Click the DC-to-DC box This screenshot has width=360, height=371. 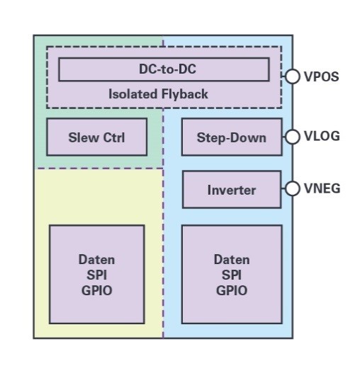click(164, 69)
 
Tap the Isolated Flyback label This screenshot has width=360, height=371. click(158, 94)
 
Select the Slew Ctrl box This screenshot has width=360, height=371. click(97, 137)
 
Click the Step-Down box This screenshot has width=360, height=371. click(232, 137)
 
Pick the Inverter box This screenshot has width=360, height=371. click(232, 190)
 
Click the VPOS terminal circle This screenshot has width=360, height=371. click(292, 76)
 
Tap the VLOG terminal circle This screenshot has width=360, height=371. click(292, 137)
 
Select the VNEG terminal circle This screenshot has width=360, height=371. click(292, 188)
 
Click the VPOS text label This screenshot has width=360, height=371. click(322, 76)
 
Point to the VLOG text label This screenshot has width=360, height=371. click(322, 136)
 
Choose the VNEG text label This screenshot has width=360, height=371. click(322, 188)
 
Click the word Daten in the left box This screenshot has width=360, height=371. click(96, 260)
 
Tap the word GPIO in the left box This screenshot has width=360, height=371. click(96, 290)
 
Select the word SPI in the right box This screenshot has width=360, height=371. click(232, 275)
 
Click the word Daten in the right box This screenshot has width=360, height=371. click(232, 260)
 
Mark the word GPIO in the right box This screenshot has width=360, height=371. click(232, 290)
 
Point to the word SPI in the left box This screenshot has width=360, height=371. click(96, 275)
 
